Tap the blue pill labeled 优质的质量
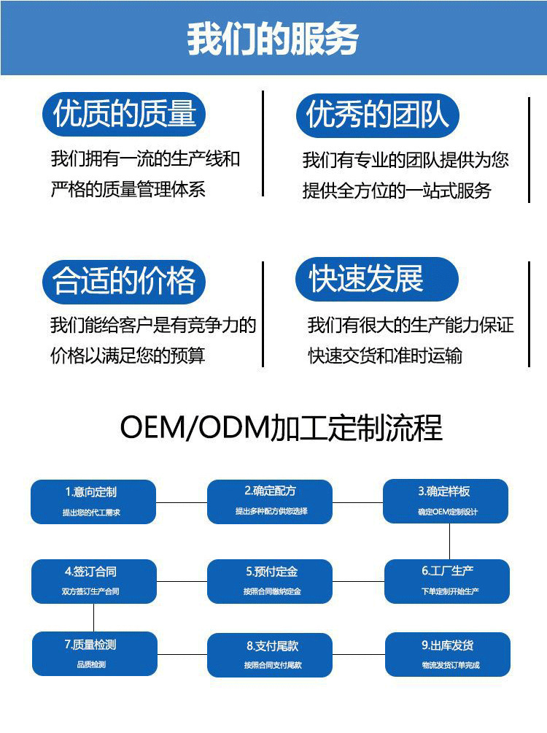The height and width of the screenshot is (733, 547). click(124, 115)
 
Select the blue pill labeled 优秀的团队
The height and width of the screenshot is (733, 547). click(377, 115)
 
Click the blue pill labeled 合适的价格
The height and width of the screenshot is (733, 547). click(124, 281)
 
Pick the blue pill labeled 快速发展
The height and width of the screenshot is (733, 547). click(376, 279)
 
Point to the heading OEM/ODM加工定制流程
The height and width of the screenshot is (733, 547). click(281, 428)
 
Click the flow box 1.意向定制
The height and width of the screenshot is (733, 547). click(93, 501)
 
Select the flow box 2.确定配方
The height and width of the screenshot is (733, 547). click(271, 501)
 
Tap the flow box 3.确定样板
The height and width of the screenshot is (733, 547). click(447, 501)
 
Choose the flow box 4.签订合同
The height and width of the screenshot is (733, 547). click(93, 581)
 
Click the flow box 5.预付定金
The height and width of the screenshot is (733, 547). click(271, 581)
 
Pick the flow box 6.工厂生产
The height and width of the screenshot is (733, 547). click(447, 581)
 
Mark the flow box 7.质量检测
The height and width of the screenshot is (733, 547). click(93, 653)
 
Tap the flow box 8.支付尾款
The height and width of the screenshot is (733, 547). click(271, 654)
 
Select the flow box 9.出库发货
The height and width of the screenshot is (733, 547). click(447, 654)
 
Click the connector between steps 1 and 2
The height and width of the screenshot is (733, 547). click(182, 502)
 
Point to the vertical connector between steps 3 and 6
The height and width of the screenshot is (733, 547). click(449, 541)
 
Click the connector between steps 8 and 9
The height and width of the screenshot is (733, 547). click(359, 655)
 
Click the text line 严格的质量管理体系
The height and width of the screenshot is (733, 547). click(128, 190)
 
